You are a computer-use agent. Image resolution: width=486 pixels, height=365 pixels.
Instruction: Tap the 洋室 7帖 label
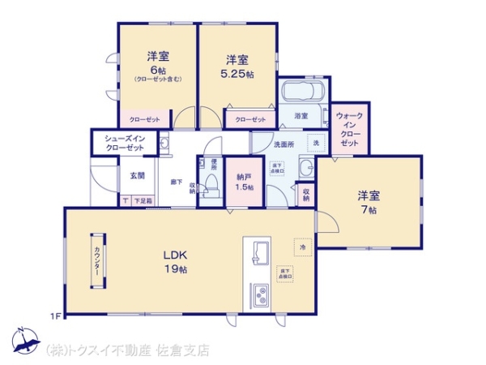point(369,202)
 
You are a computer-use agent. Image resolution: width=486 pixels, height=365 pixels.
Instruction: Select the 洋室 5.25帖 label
point(237,66)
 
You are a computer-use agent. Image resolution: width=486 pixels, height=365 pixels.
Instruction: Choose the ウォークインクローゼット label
point(349,129)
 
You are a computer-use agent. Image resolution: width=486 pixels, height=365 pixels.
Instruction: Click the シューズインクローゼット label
point(124,144)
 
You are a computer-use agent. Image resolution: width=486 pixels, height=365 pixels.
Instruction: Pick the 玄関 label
point(136,175)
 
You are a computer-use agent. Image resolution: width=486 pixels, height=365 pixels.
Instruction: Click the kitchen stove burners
point(262,295)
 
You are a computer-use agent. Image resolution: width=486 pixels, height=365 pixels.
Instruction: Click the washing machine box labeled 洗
point(317,143)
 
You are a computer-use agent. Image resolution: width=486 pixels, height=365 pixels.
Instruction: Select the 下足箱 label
point(142,200)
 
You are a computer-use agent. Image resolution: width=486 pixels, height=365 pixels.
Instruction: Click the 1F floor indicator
point(55,315)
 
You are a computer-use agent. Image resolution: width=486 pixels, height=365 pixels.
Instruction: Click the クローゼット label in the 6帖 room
point(139,118)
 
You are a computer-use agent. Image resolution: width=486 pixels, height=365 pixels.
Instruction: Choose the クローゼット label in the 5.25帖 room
point(250,119)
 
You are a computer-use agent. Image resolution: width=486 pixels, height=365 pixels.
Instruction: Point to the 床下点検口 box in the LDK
point(284,273)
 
